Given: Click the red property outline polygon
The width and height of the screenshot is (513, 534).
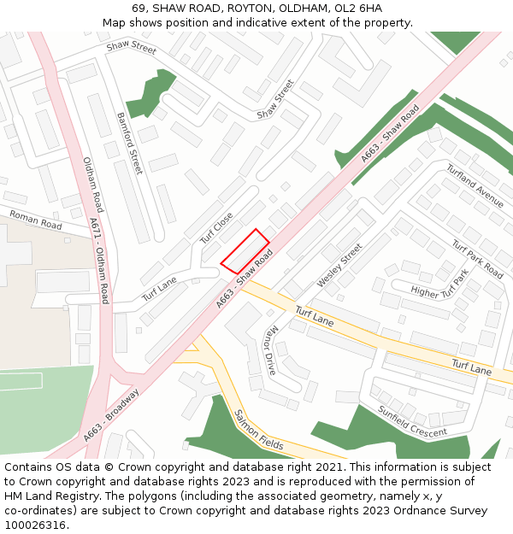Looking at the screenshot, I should click(x=245, y=251).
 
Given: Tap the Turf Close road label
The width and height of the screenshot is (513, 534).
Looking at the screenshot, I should click(x=216, y=228).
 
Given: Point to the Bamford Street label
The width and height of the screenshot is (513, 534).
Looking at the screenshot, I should click(x=129, y=143).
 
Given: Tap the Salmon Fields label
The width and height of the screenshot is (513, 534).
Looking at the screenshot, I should click(x=258, y=430).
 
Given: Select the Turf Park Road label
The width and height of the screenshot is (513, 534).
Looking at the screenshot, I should click(x=477, y=259).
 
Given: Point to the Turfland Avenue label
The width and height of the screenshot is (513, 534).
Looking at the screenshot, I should click(x=475, y=186).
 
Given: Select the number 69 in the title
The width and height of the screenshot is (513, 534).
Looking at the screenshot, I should click(x=139, y=9).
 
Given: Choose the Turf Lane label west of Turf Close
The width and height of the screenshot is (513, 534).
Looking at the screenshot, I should click(x=159, y=289).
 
